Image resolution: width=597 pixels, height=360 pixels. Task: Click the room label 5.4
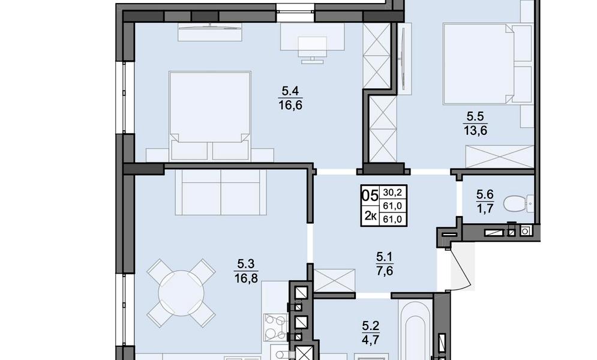point(290,91)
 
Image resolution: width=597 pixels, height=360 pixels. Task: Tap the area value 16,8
point(247,278)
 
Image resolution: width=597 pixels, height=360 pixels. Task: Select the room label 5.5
point(476,116)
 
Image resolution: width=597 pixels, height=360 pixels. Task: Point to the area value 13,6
point(476,131)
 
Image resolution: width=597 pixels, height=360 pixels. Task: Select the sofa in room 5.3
point(221,193)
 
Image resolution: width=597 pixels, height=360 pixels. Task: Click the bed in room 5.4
point(210,116)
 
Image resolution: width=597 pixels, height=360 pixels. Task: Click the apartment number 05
point(370,196)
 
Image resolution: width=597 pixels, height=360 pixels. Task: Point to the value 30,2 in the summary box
point(393,193)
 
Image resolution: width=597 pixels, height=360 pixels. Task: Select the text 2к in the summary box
point(370,216)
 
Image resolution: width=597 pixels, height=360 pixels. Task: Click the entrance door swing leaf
point(461,266)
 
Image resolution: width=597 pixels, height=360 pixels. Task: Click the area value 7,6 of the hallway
point(385,271)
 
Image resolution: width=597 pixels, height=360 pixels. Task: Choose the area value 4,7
point(370,338)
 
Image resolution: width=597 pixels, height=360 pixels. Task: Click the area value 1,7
point(485,209)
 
